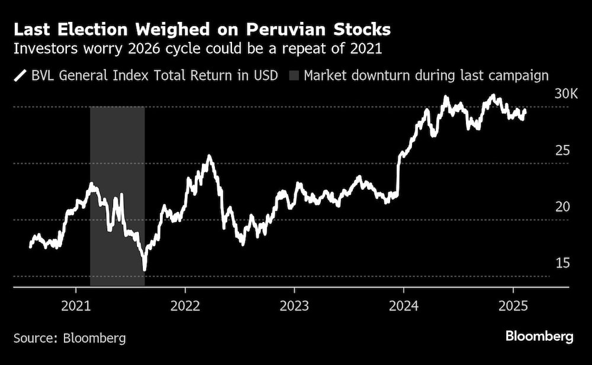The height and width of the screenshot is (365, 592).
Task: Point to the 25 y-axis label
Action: point(562,150)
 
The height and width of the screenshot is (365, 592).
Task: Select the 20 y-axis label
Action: point(562,206)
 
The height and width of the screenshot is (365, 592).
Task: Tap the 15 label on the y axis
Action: point(562,263)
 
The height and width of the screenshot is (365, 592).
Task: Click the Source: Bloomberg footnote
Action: point(70,338)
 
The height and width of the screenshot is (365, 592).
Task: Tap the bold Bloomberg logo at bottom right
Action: point(539,337)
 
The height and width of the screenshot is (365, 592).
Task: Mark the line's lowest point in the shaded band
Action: point(144,270)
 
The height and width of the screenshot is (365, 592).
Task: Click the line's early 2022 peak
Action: point(209,156)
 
